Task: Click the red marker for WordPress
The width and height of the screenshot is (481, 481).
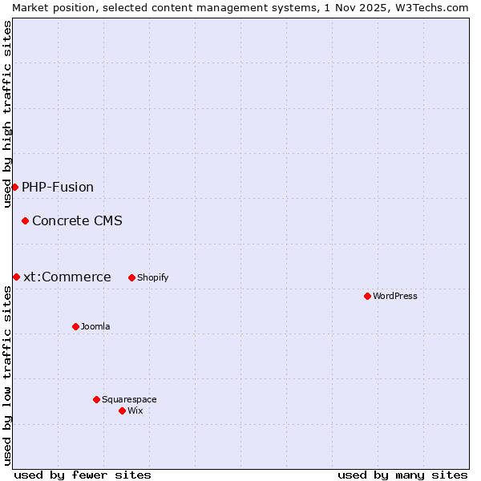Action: [367, 296]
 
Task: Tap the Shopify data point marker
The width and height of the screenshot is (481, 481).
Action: [131, 277]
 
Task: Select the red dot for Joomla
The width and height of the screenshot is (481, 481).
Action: [75, 326]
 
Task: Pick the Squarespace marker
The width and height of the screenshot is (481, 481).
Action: [96, 399]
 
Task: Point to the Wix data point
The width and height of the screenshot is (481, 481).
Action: [122, 410]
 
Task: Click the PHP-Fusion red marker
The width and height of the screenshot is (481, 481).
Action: [14, 187]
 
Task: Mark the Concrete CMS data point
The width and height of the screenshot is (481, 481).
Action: [25, 220]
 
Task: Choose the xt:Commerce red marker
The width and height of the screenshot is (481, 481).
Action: [16, 277]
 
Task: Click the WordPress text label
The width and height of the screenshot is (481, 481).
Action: [395, 296]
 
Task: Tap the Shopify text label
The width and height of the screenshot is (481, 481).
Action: [152, 277]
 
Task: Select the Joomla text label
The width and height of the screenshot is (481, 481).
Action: [95, 326]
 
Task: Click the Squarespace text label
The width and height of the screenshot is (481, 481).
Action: [129, 399]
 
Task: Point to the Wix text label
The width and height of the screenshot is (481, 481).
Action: [135, 410]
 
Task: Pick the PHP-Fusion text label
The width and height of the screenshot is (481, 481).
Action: [58, 187]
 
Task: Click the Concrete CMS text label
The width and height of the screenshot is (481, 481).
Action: [77, 220]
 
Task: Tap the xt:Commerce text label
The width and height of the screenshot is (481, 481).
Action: [67, 277]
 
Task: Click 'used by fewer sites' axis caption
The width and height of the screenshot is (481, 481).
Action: [83, 475]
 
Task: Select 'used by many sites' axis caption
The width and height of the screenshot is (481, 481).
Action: [402, 475]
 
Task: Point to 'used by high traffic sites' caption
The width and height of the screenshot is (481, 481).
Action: [7, 114]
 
